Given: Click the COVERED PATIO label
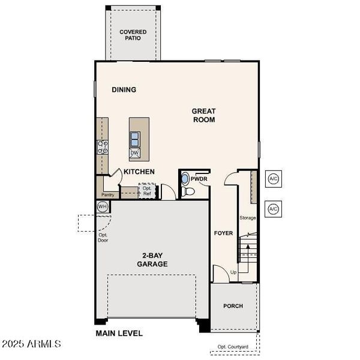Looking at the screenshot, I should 133,35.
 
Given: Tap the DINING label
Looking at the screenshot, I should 124,90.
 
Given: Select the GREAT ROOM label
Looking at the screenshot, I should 203,115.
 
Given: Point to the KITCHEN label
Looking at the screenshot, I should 139,172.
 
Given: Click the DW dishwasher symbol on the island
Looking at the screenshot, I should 135,153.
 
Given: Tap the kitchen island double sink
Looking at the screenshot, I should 135,139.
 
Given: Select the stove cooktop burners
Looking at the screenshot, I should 102,146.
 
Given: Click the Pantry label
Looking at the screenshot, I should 108,195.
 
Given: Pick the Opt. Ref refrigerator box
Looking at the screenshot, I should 147,191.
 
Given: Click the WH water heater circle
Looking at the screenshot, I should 102,206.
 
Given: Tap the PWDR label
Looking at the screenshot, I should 199,179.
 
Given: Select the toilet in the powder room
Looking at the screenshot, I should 188,191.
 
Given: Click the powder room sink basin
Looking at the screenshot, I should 184,179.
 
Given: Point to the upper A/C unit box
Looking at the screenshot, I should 273,179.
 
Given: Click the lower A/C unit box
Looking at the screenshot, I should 273,208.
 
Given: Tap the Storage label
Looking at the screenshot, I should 248,217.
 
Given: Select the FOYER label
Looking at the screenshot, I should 223,233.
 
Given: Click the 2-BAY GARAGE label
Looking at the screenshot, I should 152,260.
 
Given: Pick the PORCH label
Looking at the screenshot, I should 233,306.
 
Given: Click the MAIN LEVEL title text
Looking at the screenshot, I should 119,333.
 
